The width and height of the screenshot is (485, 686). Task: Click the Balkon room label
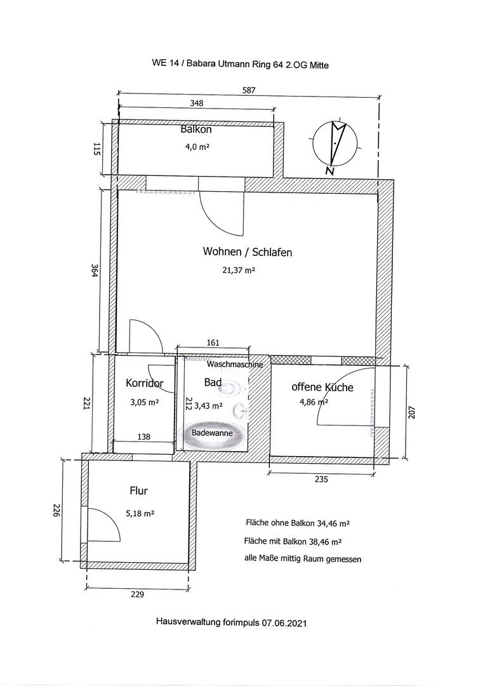[x=196, y=130]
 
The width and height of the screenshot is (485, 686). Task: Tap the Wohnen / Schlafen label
[x=247, y=252]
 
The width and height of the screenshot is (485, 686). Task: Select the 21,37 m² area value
[x=238, y=271]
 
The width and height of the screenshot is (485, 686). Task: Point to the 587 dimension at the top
[x=248, y=90]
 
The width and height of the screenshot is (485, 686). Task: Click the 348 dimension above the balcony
[x=197, y=104]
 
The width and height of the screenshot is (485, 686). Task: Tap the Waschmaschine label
[x=235, y=364]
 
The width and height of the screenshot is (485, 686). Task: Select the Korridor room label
[x=144, y=383]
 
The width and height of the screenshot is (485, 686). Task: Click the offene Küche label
[x=322, y=387]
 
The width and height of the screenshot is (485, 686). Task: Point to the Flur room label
[x=138, y=491]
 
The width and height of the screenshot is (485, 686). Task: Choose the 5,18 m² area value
[x=140, y=514]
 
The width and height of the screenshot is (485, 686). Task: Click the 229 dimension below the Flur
[x=137, y=595]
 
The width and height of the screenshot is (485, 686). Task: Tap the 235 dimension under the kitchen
[x=321, y=479]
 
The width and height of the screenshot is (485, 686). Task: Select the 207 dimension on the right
[x=411, y=412]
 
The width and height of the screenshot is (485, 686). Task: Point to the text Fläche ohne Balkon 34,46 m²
[x=297, y=523]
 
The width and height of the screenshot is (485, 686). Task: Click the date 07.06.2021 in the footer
[x=284, y=622]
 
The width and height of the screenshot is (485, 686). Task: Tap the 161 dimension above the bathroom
[x=213, y=343]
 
